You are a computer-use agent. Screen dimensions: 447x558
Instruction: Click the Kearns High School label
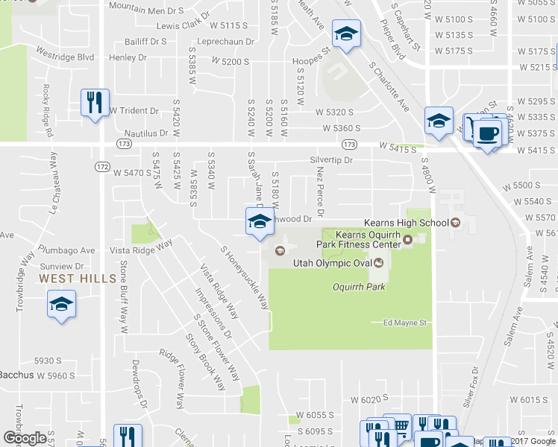[x=406, y=223]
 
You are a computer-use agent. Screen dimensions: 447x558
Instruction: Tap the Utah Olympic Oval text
[x=333, y=263]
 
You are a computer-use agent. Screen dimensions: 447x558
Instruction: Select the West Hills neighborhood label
[x=78, y=278]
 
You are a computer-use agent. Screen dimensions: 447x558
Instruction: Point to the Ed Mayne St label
[x=404, y=323]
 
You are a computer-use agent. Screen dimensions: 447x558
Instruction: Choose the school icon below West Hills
[x=61, y=304]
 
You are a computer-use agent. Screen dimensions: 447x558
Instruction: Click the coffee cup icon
[x=488, y=134]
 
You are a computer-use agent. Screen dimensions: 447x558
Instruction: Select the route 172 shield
[x=102, y=165]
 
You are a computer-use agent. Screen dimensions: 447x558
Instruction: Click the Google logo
[x=25, y=438]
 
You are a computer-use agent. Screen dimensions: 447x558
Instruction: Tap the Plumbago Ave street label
[x=68, y=250]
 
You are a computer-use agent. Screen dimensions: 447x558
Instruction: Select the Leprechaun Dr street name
[x=228, y=42]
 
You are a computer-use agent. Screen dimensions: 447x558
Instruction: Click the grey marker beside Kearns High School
[x=454, y=223]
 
